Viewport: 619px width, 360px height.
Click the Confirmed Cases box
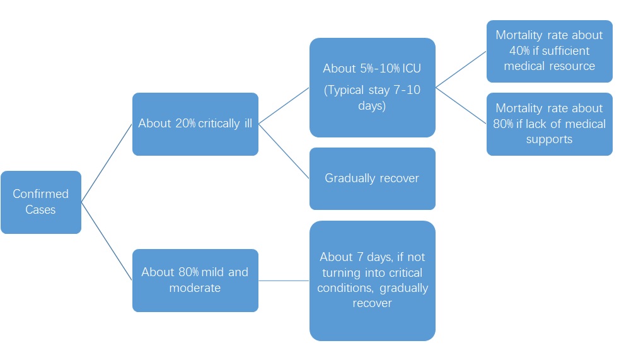point(41,202)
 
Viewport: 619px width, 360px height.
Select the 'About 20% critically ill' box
point(195,124)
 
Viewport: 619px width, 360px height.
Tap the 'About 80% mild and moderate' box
point(195,281)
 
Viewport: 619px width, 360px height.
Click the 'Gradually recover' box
point(373,178)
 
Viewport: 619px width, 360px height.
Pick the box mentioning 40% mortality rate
point(550,51)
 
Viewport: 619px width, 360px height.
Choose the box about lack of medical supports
point(550,124)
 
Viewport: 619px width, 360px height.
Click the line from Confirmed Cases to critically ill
point(107,163)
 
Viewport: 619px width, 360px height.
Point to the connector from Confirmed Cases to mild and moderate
point(107,241)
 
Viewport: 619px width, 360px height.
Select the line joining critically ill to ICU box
point(284,106)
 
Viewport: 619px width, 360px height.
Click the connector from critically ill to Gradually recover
point(284,151)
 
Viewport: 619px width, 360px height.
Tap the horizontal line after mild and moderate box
point(284,281)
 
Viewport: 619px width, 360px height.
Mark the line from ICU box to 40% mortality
point(461,69)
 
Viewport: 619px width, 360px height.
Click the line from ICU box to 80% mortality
point(461,106)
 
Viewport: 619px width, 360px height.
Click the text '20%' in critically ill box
point(185,123)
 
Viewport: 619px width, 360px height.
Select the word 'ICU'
point(412,68)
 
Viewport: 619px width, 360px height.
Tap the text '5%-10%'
point(380,68)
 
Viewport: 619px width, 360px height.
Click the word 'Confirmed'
point(41,194)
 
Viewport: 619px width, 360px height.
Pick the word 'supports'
point(549,140)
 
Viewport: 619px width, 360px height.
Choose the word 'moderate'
point(195,287)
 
